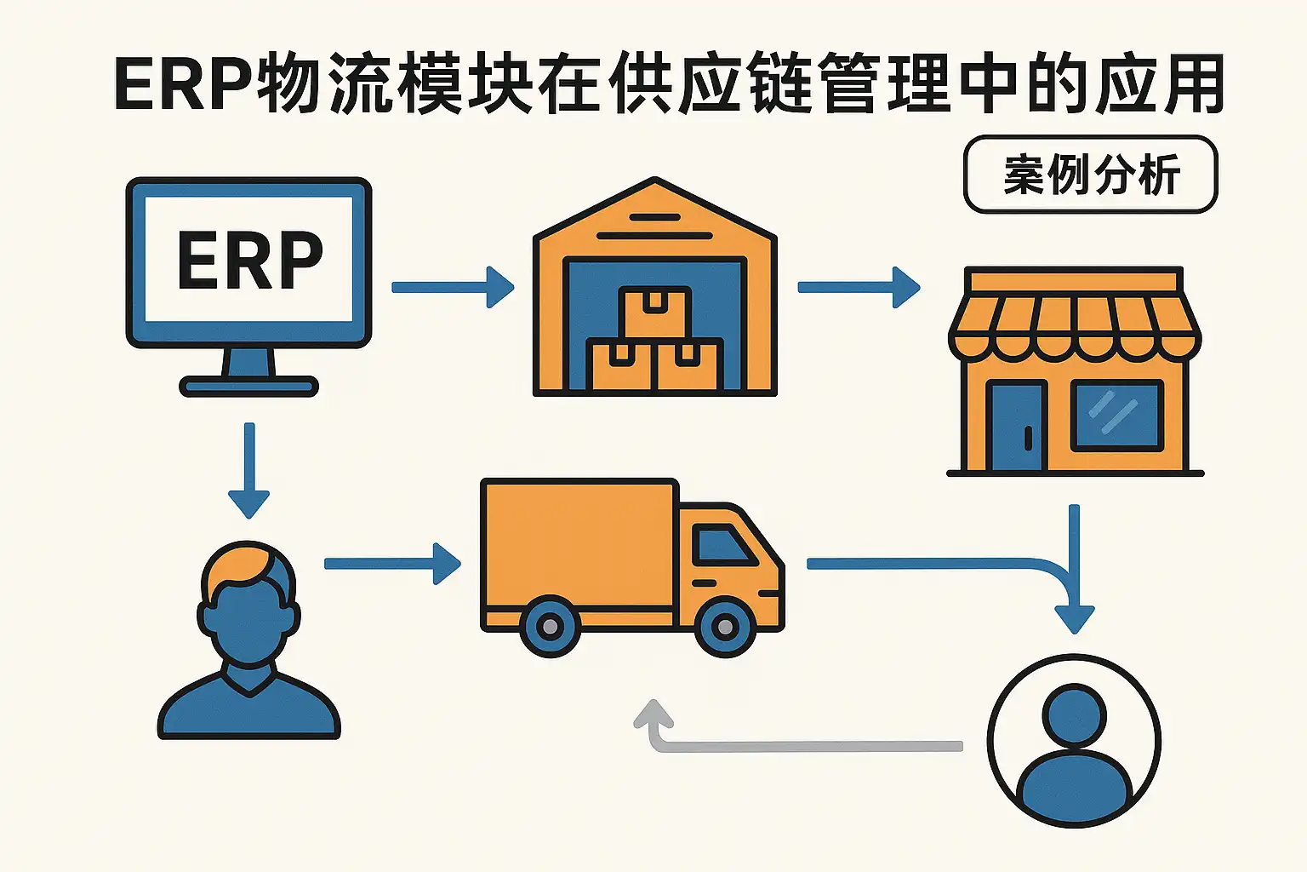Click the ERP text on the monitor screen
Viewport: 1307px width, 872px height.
pos(249,260)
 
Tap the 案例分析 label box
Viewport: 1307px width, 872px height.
pos(1090,175)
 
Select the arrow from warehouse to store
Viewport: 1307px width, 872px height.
pos(858,287)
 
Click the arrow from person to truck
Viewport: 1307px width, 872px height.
pos(392,563)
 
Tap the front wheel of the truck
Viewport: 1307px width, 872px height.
pos(725,628)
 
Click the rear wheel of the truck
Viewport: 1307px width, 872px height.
pos(550,628)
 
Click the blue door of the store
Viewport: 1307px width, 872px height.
pos(1017,426)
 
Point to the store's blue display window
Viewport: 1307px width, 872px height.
pos(1116,416)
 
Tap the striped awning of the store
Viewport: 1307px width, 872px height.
pos(1075,326)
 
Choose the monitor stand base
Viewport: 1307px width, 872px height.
pos(248,387)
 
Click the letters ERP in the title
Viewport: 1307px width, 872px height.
pos(183,85)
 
